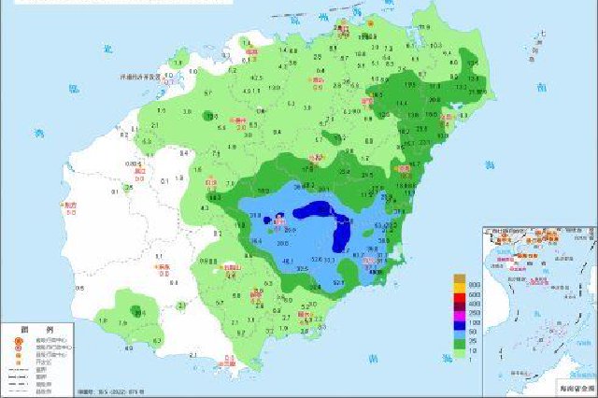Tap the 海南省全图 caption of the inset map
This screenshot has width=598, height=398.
point(572,386)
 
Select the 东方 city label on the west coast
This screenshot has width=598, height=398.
point(70,205)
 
